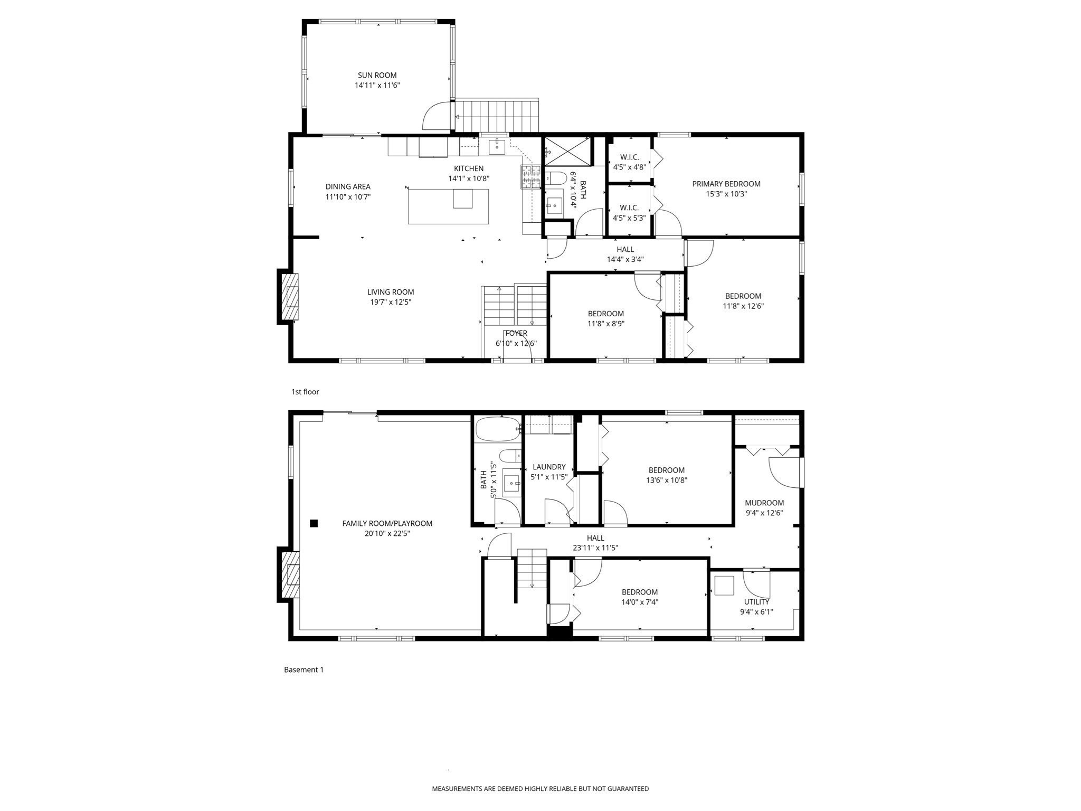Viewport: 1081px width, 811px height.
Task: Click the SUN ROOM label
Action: [x=377, y=75]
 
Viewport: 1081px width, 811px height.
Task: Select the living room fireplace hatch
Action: [x=290, y=297]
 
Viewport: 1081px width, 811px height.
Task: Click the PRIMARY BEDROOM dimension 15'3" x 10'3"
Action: [x=726, y=194]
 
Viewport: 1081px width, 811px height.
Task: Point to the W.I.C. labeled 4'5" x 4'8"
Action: [x=629, y=162]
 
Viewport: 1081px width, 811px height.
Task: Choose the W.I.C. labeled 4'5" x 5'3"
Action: [x=629, y=213]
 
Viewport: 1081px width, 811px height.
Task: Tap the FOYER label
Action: [x=516, y=333]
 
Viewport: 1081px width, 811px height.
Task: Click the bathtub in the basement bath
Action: [x=498, y=429]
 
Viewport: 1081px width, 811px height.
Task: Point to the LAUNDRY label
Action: [x=549, y=467]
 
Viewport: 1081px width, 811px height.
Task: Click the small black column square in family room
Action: [x=314, y=523]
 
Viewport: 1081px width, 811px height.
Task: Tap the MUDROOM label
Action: [x=764, y=503]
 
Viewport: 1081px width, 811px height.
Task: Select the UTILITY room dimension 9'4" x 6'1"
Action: [x=756, y=612]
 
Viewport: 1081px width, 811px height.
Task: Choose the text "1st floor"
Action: [x=305, y=392]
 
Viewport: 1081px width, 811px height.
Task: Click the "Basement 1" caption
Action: [x=304, y=669]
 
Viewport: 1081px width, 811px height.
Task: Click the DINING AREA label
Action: [x=348, y=186]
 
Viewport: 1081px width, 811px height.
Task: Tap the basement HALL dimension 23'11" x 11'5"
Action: [x=595, y=548]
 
